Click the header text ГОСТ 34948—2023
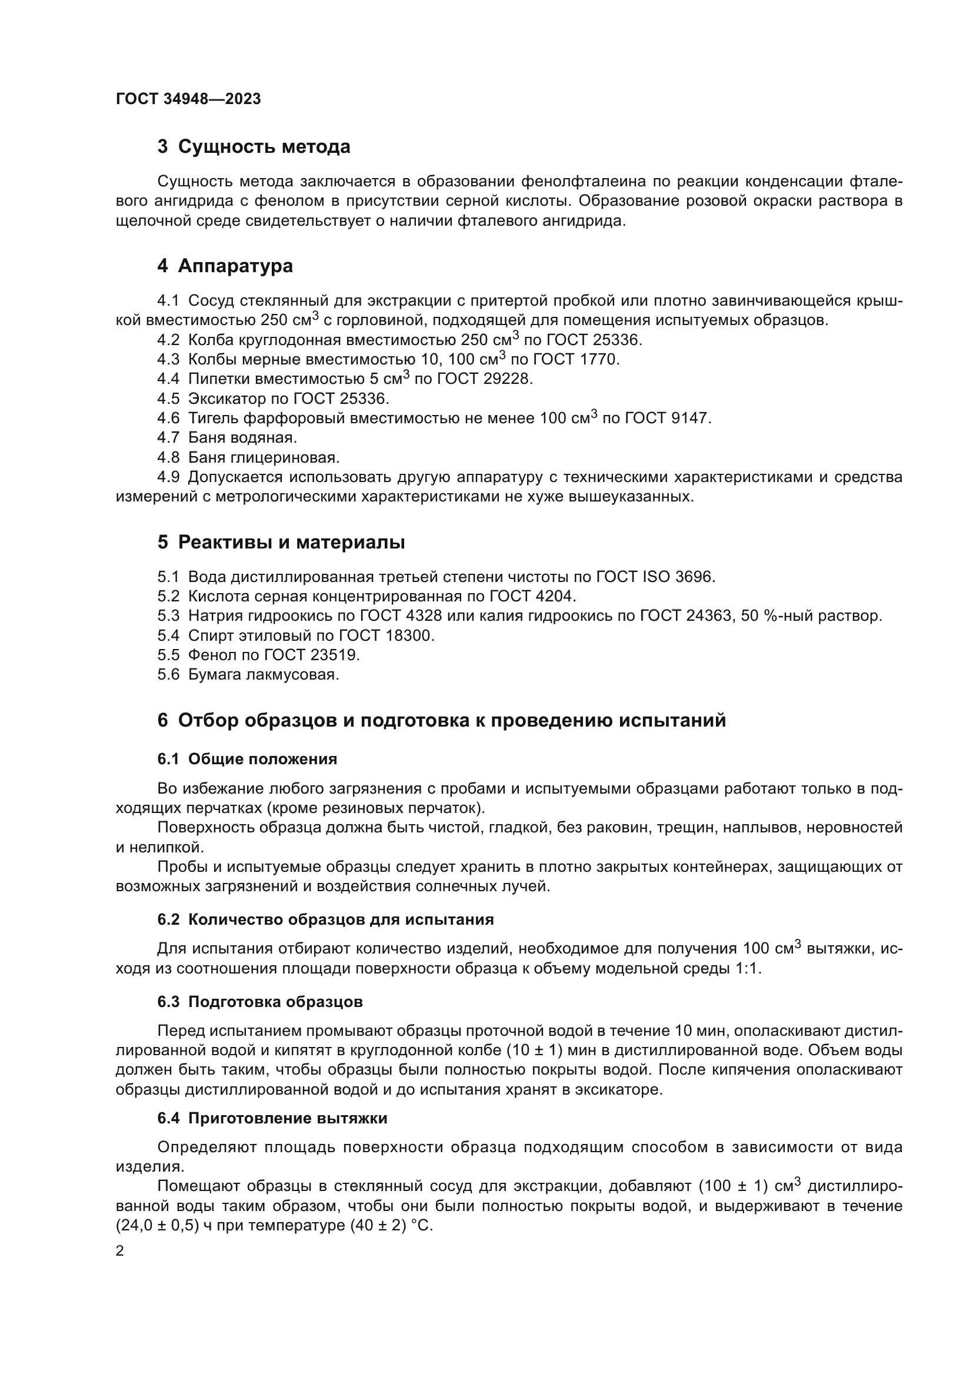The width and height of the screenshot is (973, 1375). (x=188, y=99)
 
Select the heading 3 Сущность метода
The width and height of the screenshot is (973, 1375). (x=254, y=147)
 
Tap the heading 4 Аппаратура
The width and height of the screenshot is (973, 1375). (x=225, y=266)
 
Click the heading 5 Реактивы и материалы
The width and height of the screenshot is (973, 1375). (x=281, y=543)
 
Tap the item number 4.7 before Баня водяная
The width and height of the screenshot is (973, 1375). (x=168, y=439)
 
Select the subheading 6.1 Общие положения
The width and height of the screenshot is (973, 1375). (x=247, y=760)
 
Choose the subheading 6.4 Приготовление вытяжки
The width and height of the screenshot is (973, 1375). (x=272, y=1119)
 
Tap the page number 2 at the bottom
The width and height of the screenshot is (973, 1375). (x=120, y=1252)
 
